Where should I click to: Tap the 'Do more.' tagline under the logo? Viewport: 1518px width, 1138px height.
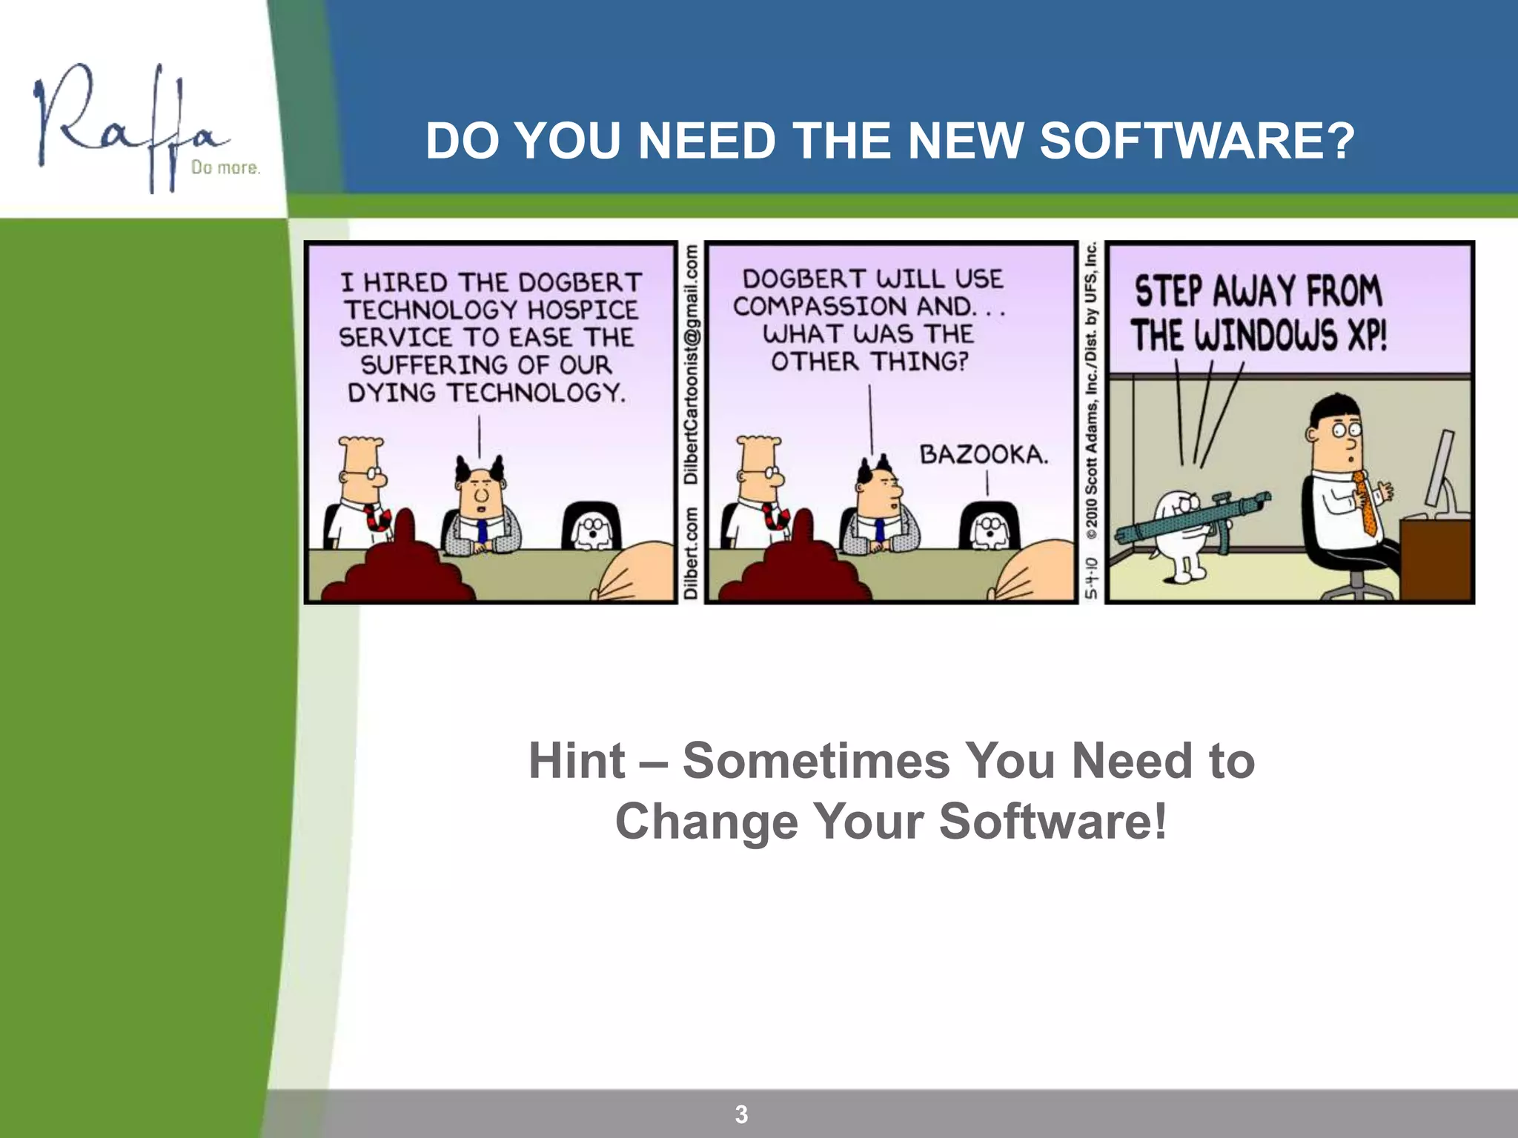[x=225, y=168]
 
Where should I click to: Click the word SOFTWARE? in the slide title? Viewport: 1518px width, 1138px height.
[x=1196, y=141]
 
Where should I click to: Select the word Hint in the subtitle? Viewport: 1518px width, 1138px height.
[x=577, y=761]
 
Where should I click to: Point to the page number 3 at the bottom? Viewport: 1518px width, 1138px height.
[x=741, y=1114]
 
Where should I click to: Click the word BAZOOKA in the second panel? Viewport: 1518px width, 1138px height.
[x=984, y=454]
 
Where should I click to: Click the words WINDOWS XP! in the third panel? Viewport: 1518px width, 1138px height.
[x=1290, y=336]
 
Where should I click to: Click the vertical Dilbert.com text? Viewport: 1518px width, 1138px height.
[x=691, y=553]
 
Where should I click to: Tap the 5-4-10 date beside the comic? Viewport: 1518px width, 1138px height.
[x=1091, y=579]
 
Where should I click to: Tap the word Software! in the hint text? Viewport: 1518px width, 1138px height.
[x=1053, y=822]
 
